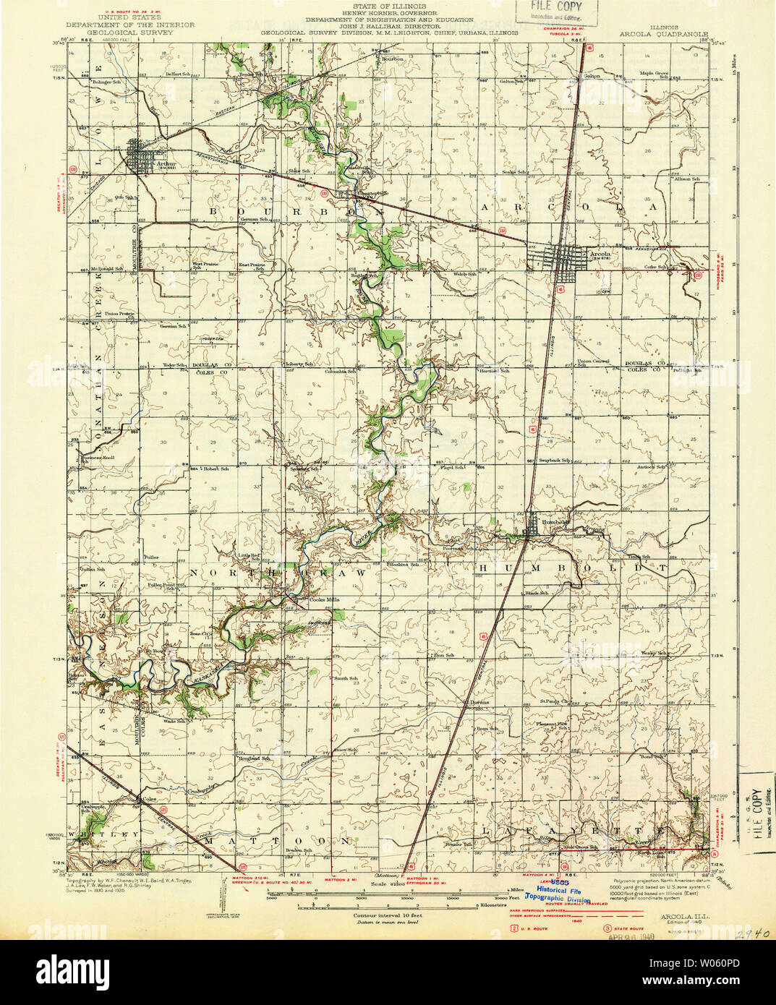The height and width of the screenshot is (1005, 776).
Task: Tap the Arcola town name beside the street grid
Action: [600, 254]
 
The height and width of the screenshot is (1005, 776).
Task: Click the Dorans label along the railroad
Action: [478, 702]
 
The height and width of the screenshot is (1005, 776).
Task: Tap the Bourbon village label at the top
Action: [393, 59]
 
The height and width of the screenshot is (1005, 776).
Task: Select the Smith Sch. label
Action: [345, 679]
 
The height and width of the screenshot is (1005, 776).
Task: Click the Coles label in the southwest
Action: [150, 799]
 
